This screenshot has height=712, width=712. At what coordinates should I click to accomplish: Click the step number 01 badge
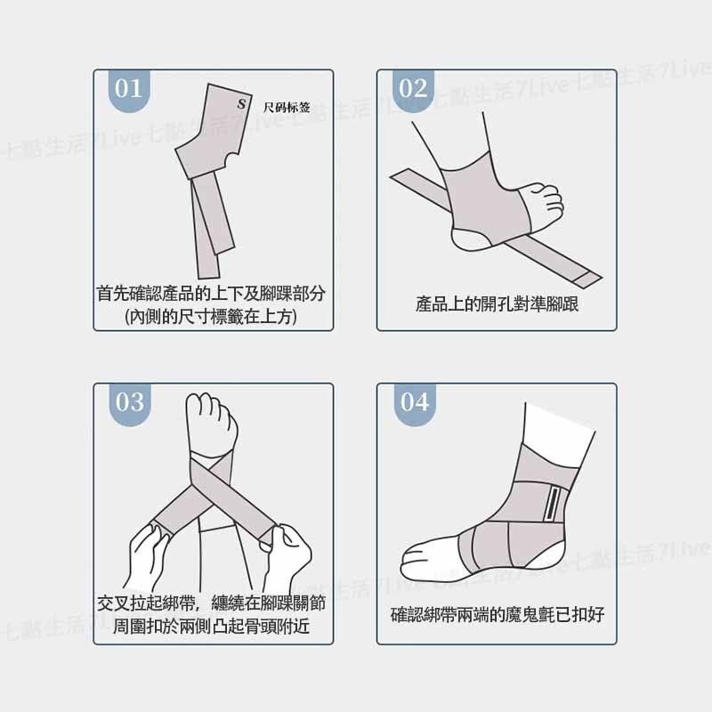(129, 90)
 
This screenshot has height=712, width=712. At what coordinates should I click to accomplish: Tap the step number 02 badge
(413, 90)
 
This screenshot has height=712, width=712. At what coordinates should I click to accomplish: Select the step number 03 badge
(129, 404)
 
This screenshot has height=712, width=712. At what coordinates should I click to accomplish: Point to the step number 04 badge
(415, 404)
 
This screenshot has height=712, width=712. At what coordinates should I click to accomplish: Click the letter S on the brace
(241, 103)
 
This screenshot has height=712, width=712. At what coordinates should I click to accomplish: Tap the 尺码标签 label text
(287, 107)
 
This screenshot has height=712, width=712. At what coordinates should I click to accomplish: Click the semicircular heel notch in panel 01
(231, 160)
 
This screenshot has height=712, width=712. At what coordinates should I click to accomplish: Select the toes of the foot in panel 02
(548, 199)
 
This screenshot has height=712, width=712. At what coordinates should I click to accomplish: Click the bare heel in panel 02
(473, 239)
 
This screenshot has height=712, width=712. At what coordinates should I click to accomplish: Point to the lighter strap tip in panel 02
(589, 278)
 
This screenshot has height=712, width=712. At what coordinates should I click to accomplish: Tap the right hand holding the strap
(286, 556)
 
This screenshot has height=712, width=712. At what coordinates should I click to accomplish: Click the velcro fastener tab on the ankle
(552, 504)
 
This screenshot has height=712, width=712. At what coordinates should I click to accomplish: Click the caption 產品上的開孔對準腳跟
(497, 304)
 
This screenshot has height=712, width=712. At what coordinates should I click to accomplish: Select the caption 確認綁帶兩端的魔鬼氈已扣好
(498, 614)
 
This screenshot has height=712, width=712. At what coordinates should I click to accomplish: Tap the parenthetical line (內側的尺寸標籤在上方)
(211, 317)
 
